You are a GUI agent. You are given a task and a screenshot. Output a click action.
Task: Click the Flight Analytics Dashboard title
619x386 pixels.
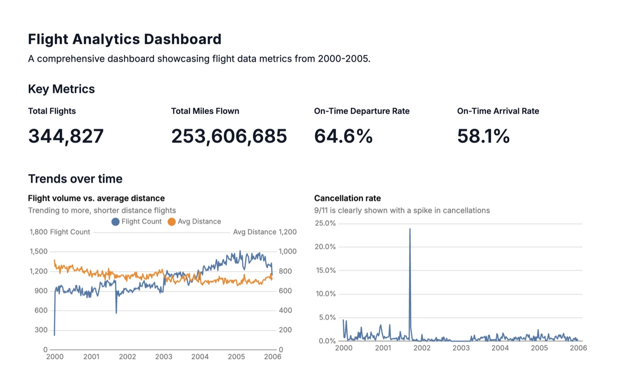124,39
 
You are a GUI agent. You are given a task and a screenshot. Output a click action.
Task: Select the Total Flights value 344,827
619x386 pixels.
66,136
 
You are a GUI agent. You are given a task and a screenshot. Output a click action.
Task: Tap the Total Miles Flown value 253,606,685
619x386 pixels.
229,136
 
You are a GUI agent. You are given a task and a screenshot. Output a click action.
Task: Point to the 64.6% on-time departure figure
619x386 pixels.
343,136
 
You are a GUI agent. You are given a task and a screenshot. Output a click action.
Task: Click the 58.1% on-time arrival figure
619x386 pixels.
483,136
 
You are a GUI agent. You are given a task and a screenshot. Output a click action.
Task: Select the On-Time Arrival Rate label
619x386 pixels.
498,111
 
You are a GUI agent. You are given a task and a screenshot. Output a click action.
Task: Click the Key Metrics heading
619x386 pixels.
61,89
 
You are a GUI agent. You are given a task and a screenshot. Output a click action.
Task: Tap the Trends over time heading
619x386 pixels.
75,179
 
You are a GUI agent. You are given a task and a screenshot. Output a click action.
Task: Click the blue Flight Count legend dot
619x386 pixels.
115,222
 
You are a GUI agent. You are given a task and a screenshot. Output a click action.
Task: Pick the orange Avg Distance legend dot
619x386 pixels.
172,222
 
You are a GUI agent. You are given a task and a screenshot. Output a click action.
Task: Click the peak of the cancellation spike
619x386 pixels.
410,229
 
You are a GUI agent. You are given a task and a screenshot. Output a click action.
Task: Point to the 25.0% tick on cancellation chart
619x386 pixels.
325,223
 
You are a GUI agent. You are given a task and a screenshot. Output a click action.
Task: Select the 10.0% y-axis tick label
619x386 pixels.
325,294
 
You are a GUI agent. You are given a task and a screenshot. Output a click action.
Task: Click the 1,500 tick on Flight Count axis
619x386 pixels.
38,252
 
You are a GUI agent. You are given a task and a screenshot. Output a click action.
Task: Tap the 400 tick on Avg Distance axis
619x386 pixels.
285,310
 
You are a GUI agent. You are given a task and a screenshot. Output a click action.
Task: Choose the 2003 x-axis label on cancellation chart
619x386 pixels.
461,348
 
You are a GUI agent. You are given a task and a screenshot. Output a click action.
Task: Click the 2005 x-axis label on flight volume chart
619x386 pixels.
236,357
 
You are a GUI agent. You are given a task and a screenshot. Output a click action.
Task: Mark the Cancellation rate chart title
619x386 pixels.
347,199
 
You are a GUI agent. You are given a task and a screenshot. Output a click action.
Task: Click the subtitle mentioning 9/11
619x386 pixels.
401,210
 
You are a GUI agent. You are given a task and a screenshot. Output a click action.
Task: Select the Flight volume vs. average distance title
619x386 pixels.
96,199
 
